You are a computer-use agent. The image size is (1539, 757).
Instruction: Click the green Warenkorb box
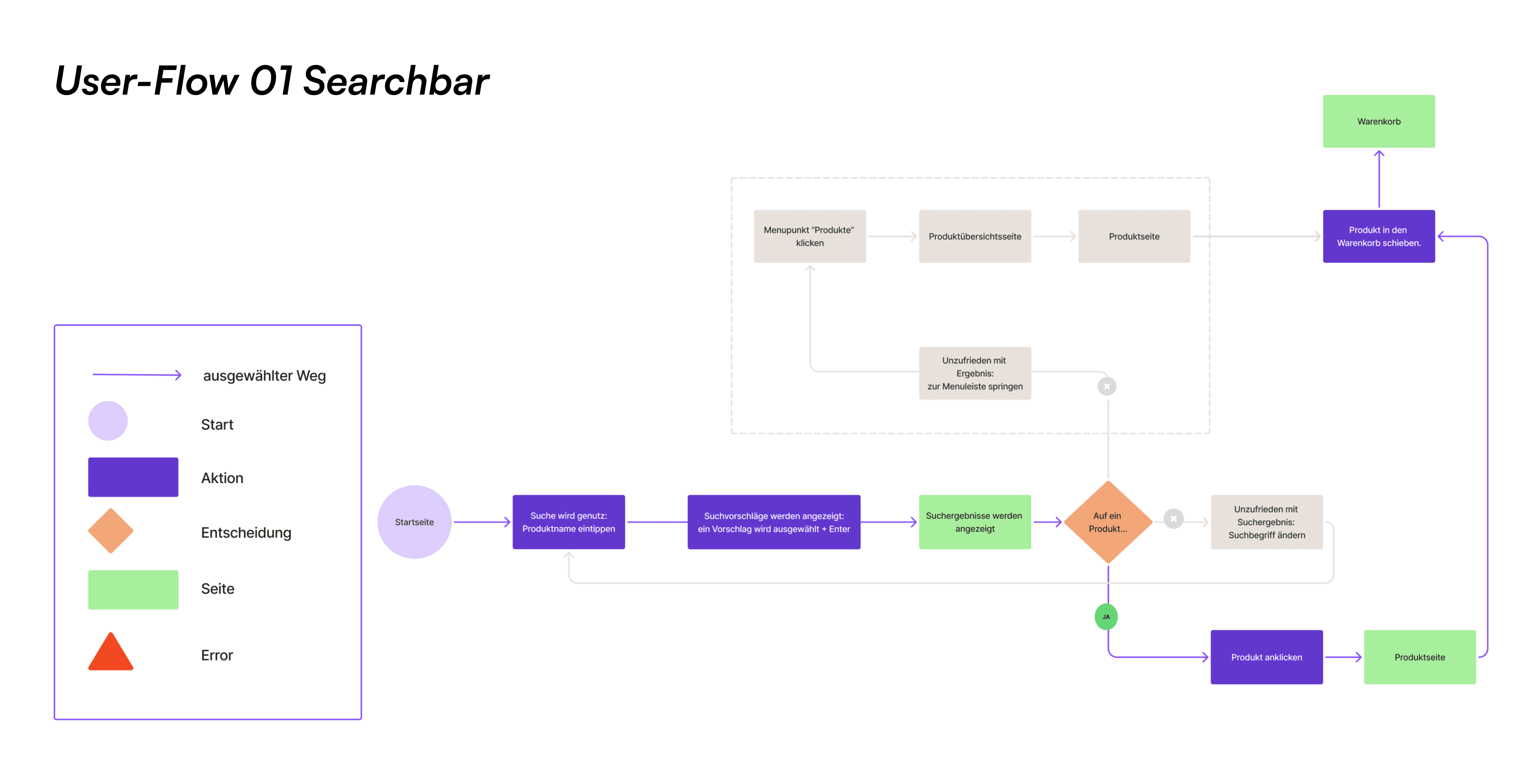[x=1378, y=121]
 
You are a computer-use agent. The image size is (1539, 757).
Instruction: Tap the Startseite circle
[x=414, y=522]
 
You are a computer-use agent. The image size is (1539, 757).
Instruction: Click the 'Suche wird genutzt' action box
[x=568, y=522]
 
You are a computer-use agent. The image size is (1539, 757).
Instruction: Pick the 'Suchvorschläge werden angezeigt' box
[x=773, y=522]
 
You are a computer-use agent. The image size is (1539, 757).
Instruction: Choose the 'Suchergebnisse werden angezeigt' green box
[x=974, y=522]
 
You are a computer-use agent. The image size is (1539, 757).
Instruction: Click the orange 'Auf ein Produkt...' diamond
[x=1108, y=522]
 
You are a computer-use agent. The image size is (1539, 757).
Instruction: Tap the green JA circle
[x=1106, y=617]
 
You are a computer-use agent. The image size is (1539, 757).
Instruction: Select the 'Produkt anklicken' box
[x=1266, y=657]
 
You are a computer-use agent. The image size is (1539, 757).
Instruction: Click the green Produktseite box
[x=1420, y=657]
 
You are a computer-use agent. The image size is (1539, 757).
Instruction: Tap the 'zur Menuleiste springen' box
[x=974, y=373]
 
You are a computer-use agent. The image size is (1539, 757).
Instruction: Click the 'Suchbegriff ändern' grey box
[x=1266, y=522]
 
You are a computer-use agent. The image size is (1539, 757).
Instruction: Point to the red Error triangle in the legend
[x=111, y=654]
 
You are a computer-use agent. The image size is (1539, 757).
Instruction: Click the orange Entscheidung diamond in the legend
[x=111, y=531]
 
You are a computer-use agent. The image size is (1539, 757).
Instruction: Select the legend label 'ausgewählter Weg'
[x=264, y=376]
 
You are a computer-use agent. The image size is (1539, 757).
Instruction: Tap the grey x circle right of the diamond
[x=1173, y=519]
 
